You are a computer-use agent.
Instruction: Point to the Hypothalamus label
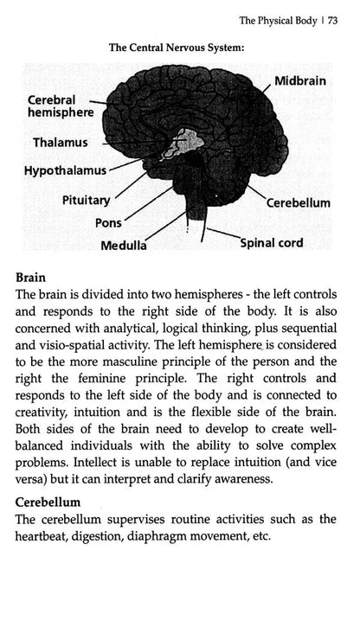(72, 171)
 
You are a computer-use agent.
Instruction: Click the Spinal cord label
(271, 243)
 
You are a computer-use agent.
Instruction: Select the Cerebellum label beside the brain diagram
(298, 204)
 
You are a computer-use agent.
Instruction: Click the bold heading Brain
(33, 278)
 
